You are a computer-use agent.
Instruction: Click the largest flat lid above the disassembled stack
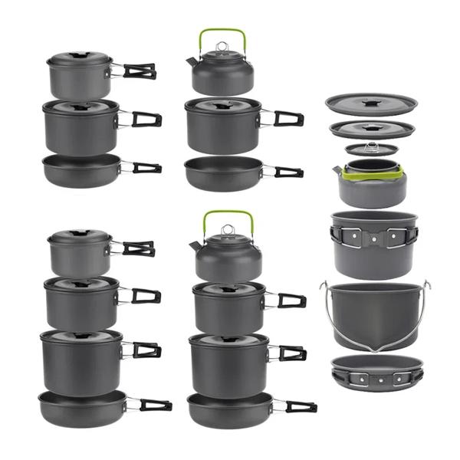[371, 104]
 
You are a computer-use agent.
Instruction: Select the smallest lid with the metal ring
[372, 148]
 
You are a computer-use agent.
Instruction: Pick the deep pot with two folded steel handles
[374, 242]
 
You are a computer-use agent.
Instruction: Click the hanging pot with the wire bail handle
[376, 310]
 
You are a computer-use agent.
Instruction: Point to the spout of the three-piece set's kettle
[189, 62]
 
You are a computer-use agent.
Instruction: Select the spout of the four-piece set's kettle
[195, 244]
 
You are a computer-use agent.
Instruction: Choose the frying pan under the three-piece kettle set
[224, 172]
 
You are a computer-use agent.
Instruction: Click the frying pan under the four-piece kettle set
[228, 409]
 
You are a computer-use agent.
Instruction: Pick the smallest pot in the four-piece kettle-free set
[79, 253]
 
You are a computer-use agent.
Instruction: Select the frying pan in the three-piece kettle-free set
[82, 169]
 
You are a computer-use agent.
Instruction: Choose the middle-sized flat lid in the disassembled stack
[372, 128]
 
